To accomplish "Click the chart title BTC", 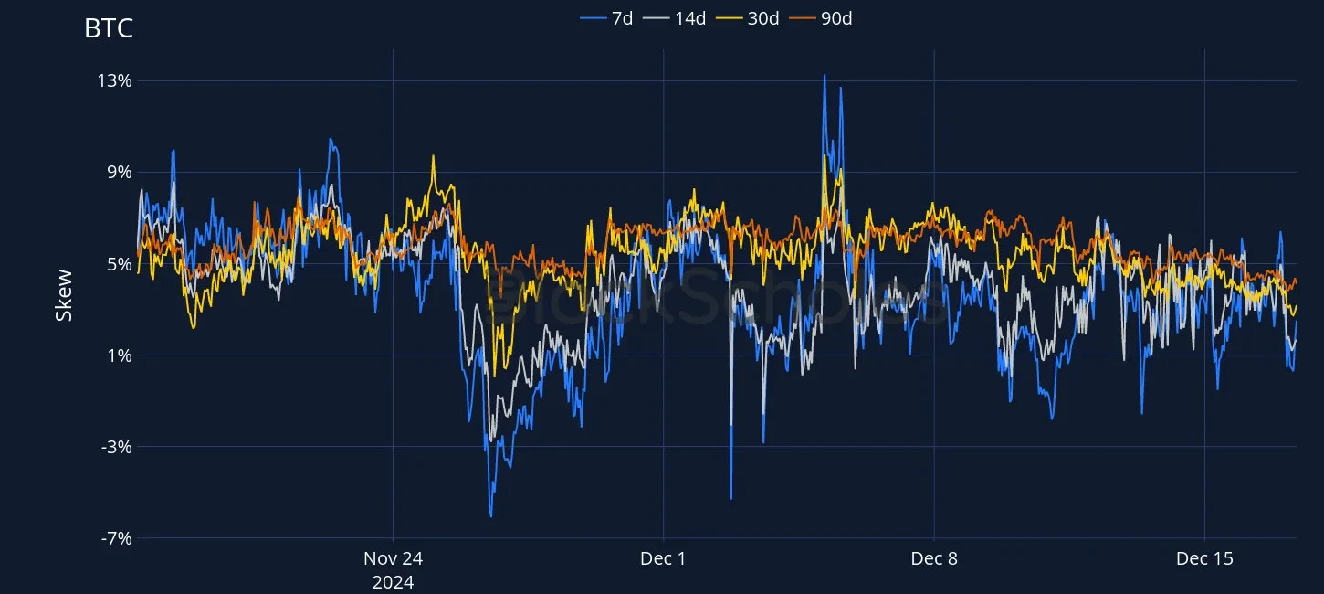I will (x=108, y=28).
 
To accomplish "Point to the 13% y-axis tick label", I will (x=115, y=80).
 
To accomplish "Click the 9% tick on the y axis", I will (x=120, y=172).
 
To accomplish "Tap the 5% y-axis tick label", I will (x=120, y=264).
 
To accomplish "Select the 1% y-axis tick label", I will (x=120, y=355).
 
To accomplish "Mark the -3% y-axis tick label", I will (x=116, y=447).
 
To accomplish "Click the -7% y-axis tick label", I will (x=116, y=538).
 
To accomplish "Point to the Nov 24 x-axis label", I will (x=393, y=559).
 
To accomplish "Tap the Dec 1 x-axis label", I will (x=664, y=559).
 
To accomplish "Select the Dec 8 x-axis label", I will (x=934, y=559).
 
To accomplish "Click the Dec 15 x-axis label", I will (x=1204, y=559).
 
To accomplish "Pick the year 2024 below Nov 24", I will (x=393, y=582).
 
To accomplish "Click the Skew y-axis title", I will (x=64, y=295).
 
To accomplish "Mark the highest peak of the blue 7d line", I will (x=825, y=75).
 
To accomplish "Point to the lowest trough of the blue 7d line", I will (x=491, y=516).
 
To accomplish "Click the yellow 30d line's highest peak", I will (x=825, y=154).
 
